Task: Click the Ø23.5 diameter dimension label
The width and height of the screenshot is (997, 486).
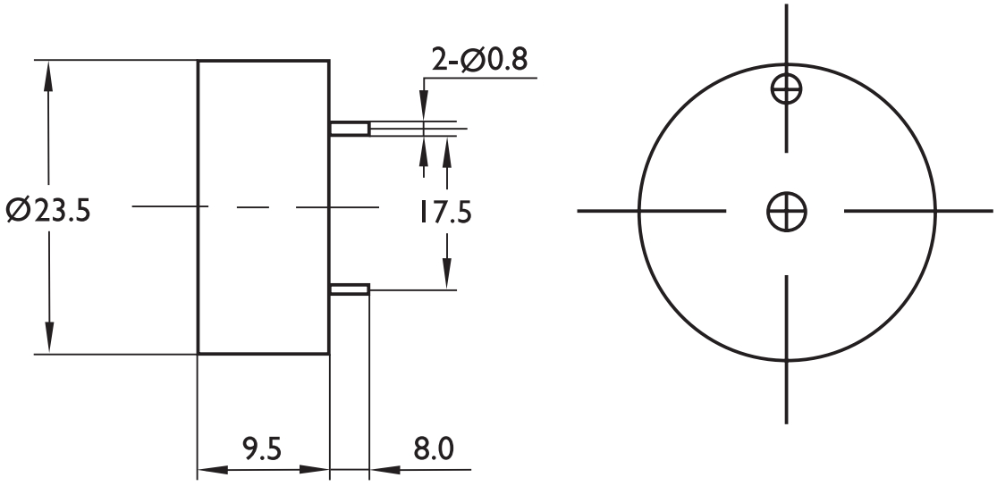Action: (x=46, y=211)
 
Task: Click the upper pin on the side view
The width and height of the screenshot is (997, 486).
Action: (x=350, y=130)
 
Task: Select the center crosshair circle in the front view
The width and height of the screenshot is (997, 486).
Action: (x=787, y=212)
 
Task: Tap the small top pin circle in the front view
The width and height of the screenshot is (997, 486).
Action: (x=787, y=88)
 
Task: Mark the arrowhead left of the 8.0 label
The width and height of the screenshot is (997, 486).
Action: (x=382, y=468)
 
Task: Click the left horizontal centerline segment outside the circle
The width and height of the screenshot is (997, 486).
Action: (x=608, y=212)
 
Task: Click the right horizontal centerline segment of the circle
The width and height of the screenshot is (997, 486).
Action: (x=917, y=212)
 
